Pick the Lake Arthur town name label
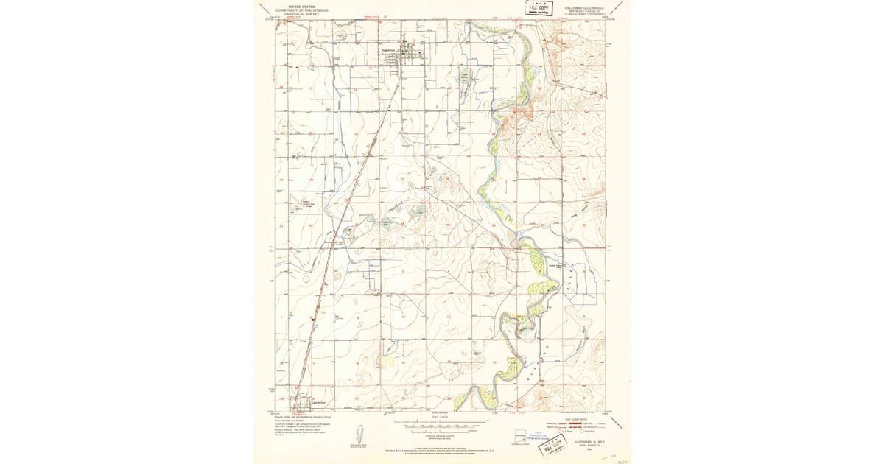coord(318,402)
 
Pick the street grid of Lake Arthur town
coord(304,404)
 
